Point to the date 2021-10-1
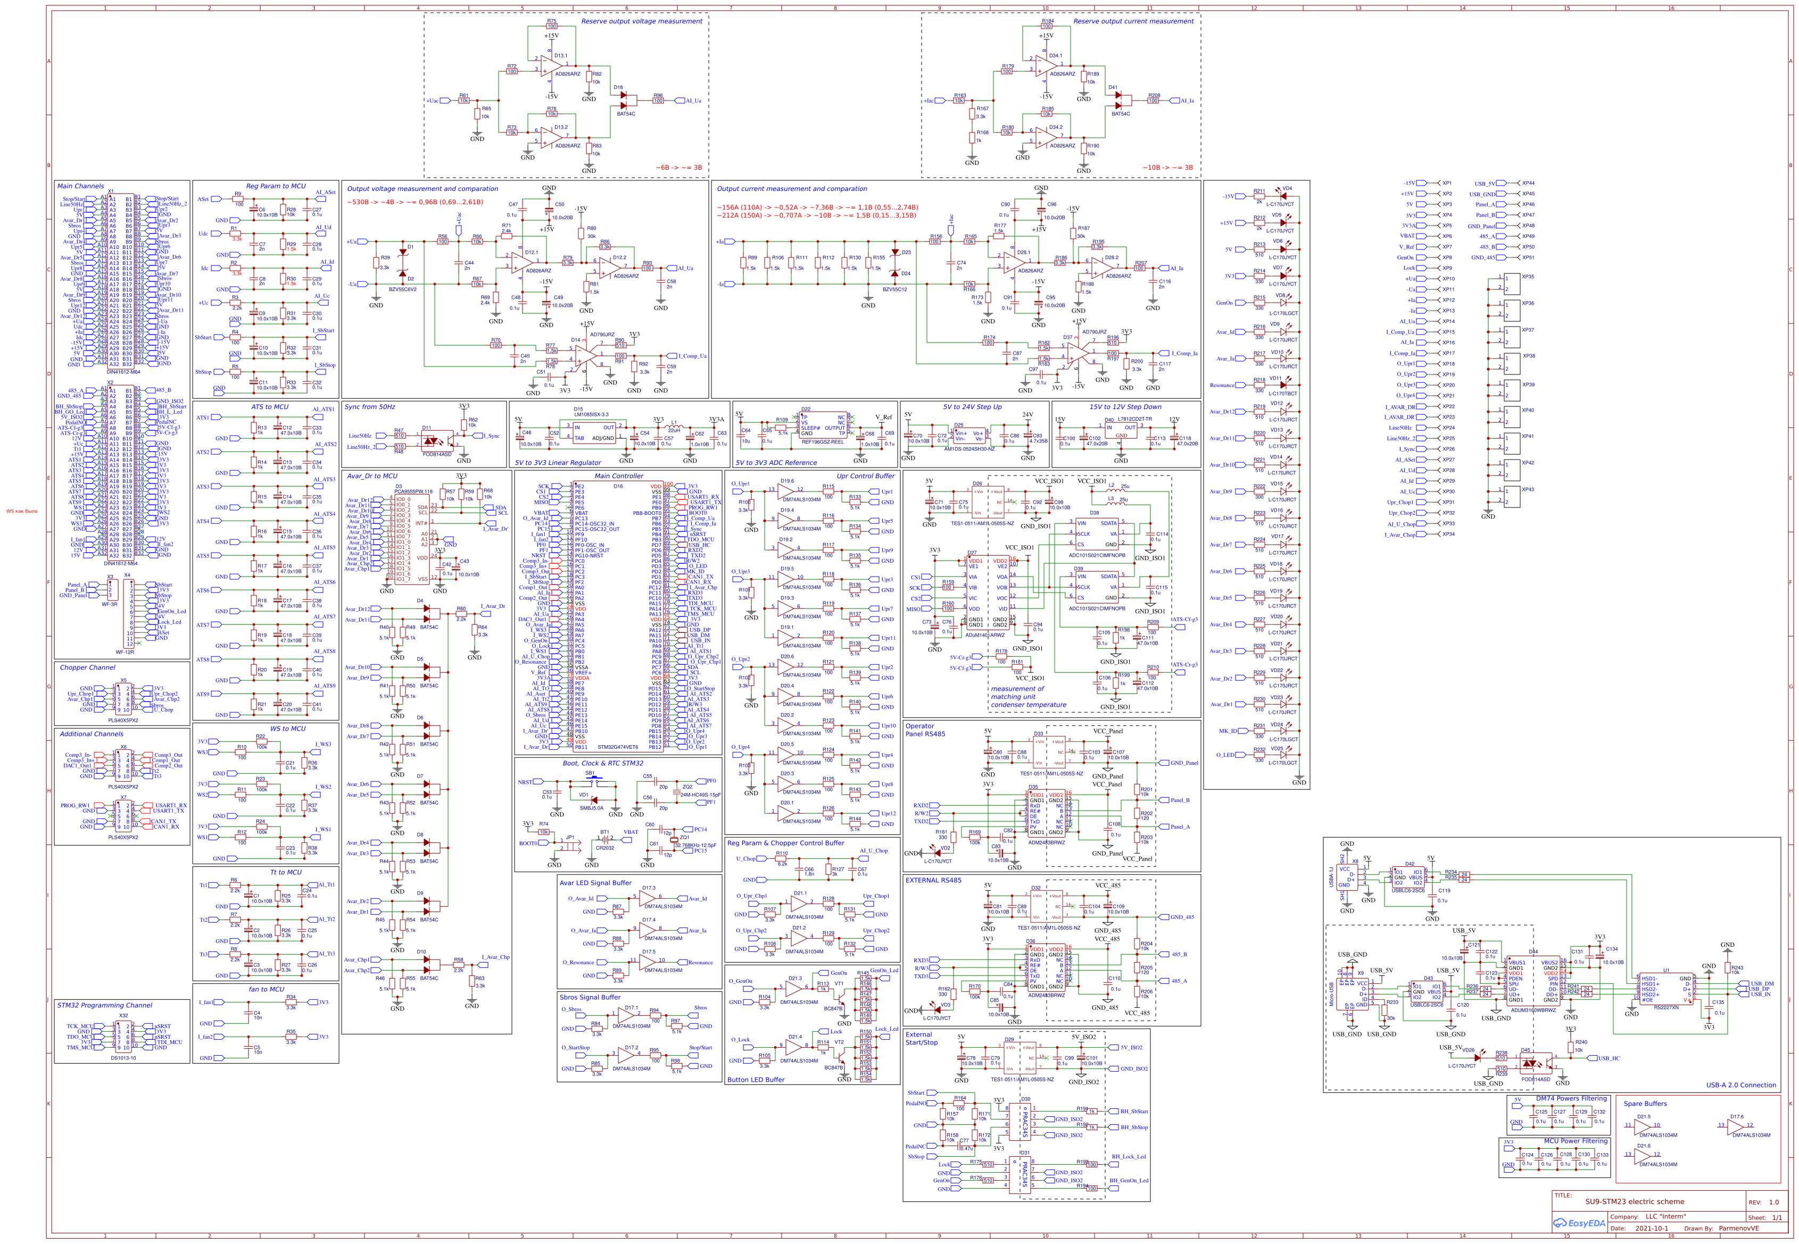pos(1651,1229)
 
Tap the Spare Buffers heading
pos(1645,1104)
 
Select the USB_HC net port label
pos(1609,1058)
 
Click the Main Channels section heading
pos(80,186)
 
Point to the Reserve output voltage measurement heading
pos(641,21)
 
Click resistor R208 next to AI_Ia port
pos(1154,101)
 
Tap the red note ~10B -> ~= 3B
pos(1167,168)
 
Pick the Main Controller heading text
pos(618,475)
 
